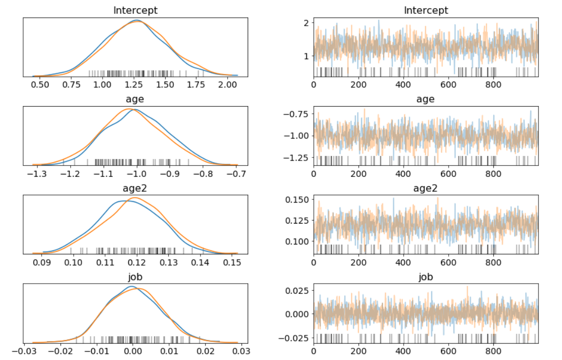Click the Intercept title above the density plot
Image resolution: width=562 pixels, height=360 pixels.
coord(135,10)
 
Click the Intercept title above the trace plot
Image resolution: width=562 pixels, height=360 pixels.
coord(426,10)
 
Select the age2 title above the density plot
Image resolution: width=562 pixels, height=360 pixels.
coord(135,188)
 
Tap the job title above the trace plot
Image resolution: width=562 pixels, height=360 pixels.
coord(426,277)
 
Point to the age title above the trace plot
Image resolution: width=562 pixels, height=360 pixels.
coord(426,99)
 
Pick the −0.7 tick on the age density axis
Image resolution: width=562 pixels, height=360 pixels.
coord(236,173)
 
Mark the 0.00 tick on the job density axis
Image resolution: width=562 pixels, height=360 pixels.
coord(133,352)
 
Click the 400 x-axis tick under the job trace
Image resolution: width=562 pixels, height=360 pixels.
coord(404,352)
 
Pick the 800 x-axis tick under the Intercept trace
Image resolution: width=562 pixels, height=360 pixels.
coord(493,84)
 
